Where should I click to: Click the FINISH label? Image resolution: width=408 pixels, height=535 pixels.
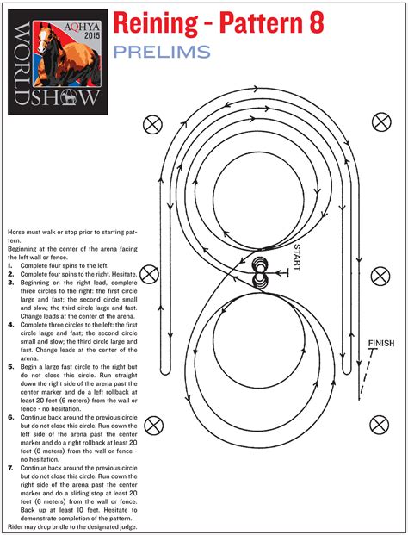click(380, 344)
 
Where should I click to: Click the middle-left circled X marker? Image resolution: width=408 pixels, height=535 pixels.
click(150, 275)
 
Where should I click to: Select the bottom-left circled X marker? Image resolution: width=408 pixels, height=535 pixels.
click(153, 424)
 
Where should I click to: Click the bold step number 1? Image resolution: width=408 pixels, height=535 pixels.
click(9, 266)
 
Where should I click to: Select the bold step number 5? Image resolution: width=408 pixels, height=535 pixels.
click(9, 366)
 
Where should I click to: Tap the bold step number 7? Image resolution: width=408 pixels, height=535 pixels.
click(9, 468)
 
